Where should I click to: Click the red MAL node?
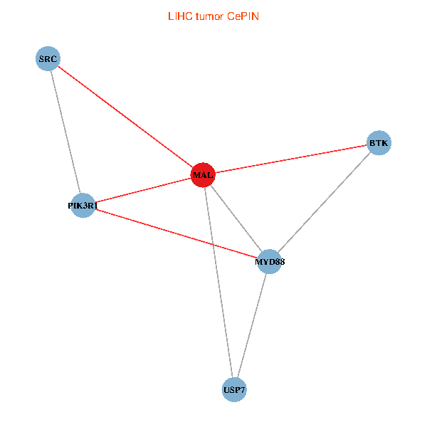[203, 174]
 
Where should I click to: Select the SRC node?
[48, 58]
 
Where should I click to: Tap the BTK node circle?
[379, 143]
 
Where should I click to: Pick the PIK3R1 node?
[83, 206]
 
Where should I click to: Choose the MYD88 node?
[270, 261]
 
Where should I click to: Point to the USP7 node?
[234, 389]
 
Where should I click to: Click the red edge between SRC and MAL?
[125, 116]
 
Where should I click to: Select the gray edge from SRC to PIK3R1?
[65, 132]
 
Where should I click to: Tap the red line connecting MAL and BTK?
[290, 159]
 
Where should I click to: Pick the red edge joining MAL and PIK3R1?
[143, 190]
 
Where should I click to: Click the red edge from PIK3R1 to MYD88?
[176, 233]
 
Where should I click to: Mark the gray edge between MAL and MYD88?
[236, 218]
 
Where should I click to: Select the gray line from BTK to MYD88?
[324, 202]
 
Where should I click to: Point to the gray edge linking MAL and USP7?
[218, 282]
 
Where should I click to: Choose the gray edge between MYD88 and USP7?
[252, 325]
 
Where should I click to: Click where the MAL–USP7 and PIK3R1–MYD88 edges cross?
[213, 244]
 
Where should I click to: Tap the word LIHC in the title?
[178, 16]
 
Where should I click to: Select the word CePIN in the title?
[243, 16]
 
